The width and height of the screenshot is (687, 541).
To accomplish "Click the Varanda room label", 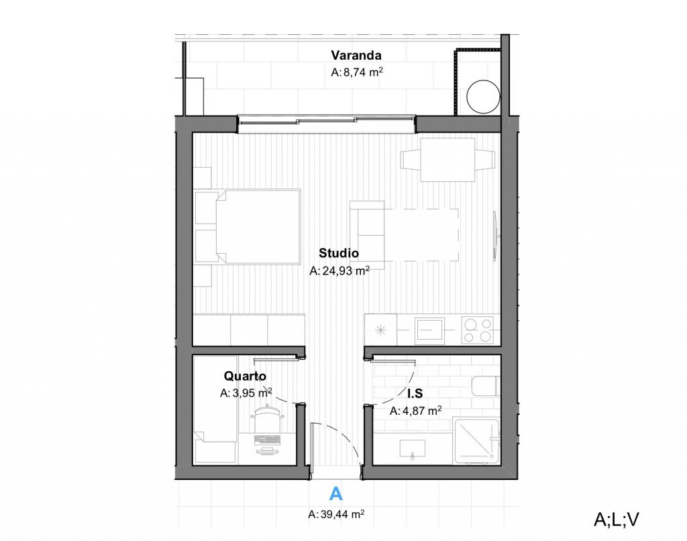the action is coord(356,56).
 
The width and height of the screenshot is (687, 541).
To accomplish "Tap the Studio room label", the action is coord(339,253).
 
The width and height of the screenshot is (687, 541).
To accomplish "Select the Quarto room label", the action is coord(245,376).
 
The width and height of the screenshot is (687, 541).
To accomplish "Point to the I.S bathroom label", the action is coord(415,393).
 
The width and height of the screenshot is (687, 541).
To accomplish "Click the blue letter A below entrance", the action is coord(335,493).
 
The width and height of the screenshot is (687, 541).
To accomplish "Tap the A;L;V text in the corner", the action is coord(617,519).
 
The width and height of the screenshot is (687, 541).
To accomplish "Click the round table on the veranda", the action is coord(483,97).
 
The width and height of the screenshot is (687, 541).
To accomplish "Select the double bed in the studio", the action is coord(258,227).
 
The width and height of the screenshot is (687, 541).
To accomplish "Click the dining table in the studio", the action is coord(447,160).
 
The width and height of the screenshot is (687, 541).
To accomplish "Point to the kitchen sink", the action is coord(429,330).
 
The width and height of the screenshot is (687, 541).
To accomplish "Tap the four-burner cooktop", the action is coord(477,330).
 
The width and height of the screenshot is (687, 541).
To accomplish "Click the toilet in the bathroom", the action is coord(486,386).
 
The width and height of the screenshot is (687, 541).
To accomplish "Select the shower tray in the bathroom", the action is coord(477,441).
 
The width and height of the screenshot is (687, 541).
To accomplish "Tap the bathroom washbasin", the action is coord(413,448).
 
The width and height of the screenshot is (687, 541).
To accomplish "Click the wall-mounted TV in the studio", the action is coord(495,236).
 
